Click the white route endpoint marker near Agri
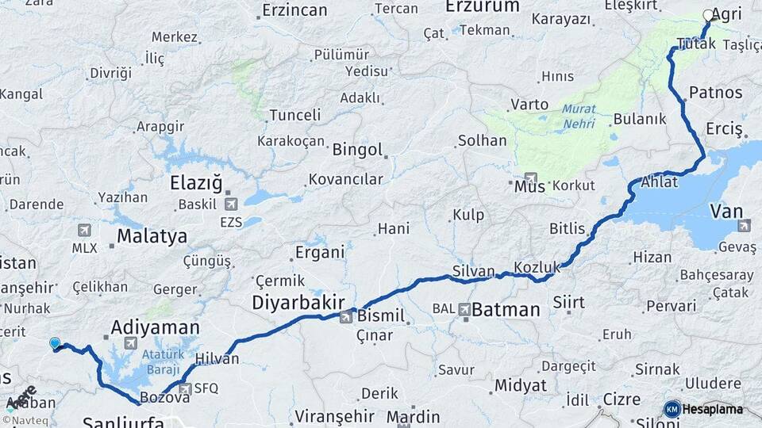point(709,14)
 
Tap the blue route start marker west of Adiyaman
point(55,343)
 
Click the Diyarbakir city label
point(298,302)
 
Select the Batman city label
point(506,309)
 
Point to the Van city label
point(725,211)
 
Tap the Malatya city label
point(152,235)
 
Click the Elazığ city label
point(196,184)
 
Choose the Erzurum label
point(483,6)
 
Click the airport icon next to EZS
point(231,204)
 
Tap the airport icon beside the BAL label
point(464,308)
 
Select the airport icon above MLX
point(84,230)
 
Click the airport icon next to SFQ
point(185,388)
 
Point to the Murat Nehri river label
point(579,117)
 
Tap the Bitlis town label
point(567,228)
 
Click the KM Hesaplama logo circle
point(672,409)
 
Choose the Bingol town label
point(357,150)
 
